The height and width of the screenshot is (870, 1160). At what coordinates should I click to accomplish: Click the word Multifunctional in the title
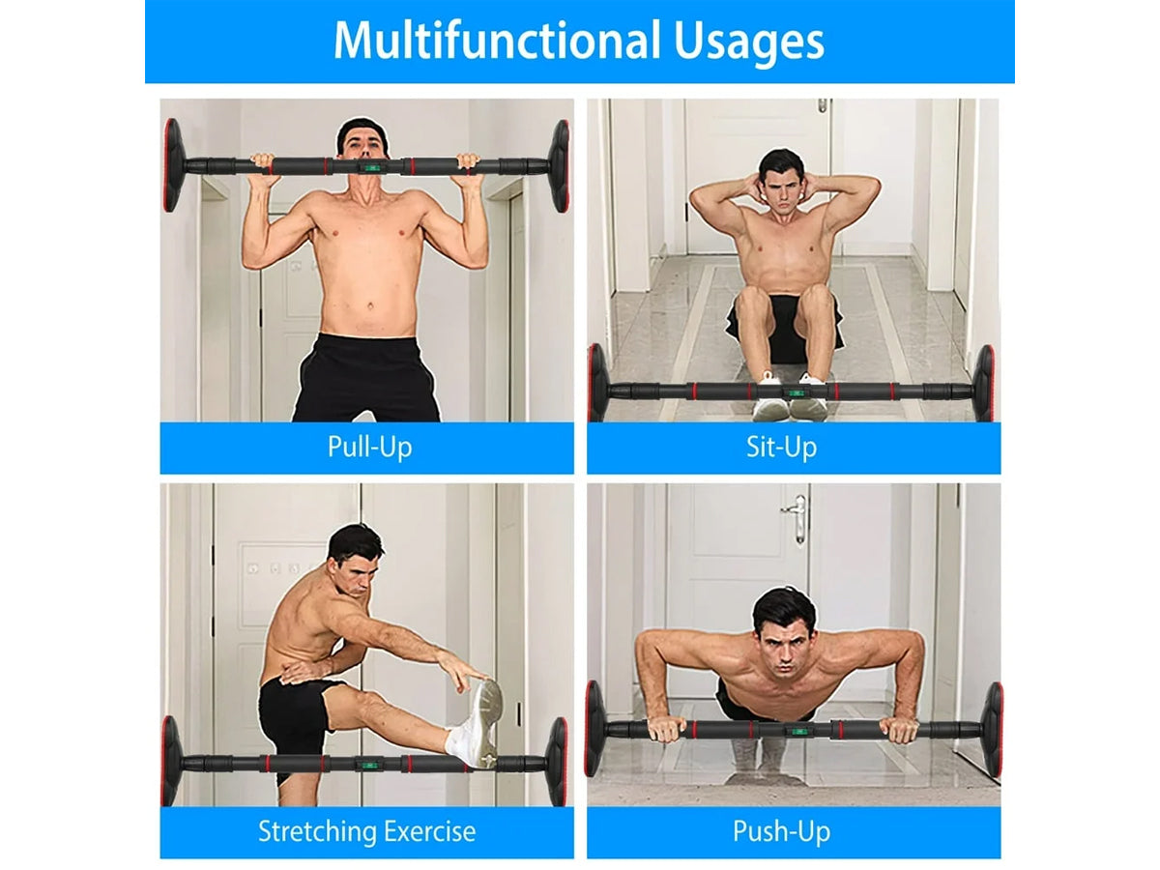coord(497,41)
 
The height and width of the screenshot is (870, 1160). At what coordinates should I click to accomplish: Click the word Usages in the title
coord(749,43)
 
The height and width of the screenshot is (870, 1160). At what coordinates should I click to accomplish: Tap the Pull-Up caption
coord(369,448)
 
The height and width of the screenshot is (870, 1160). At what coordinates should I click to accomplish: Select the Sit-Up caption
coord(781,448)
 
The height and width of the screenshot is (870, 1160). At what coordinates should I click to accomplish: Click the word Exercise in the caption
coord(428,831)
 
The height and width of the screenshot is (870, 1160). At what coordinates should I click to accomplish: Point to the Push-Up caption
coord(781,832)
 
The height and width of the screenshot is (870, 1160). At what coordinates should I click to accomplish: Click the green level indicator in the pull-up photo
coord(370,167)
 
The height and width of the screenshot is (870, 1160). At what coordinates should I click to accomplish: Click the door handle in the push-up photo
coord(797,518)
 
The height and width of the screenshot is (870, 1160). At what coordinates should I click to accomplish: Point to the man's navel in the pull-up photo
coord(370,305)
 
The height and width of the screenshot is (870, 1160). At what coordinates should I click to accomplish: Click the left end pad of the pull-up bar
coord(173,165)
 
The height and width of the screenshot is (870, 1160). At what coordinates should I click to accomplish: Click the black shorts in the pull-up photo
coord(366,378)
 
